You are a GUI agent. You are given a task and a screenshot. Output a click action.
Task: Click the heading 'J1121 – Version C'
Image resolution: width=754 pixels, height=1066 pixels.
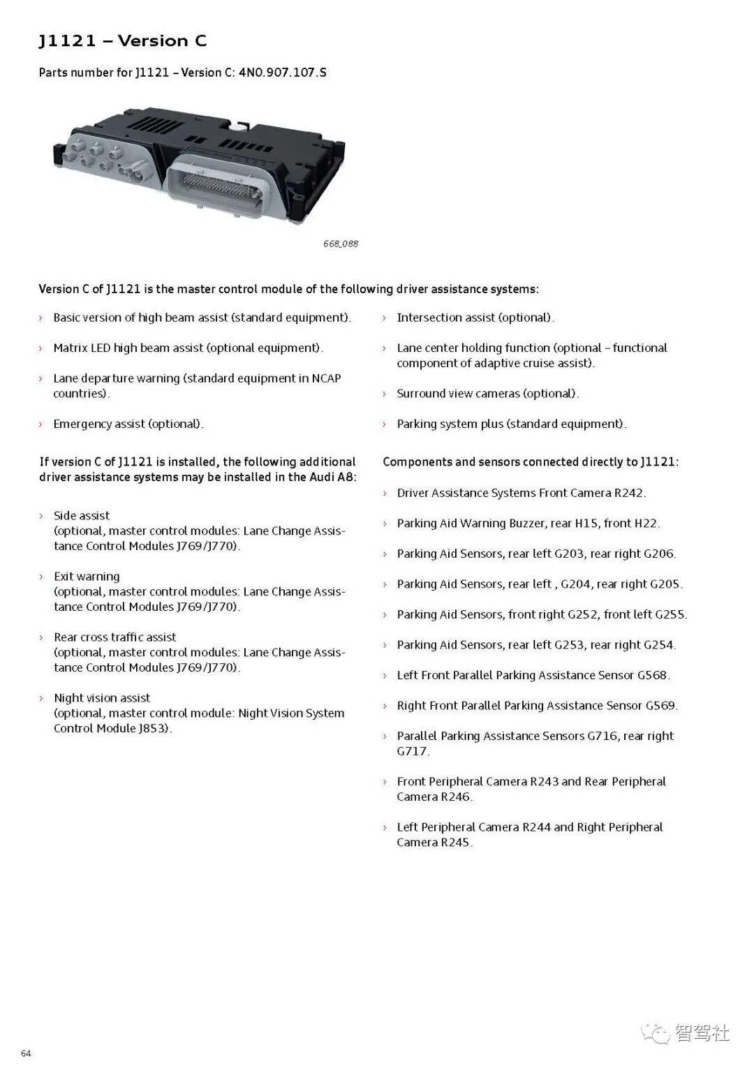pyautogui.click(x=122, y=41)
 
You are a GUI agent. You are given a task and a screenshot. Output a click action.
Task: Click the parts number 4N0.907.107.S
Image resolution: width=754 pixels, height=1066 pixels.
pyautogui.click(x=282, y=73)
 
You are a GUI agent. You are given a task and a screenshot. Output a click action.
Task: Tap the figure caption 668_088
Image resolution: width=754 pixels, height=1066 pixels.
pyautogui.click(x=341, y=244)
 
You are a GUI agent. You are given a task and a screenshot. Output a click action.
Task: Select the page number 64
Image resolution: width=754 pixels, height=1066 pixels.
pyautogui.click(x=26, y=1053)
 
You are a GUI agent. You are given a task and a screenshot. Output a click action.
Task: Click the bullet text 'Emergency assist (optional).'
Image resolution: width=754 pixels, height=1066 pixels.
pyautogui.click(x=128, y=424)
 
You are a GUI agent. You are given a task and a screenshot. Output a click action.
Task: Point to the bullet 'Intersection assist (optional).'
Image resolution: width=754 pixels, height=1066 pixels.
pyautogui.click(x=475, y=318)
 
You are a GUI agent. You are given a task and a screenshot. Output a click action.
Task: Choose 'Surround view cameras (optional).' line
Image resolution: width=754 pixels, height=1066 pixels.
pyautogui.click(x=487, y=394)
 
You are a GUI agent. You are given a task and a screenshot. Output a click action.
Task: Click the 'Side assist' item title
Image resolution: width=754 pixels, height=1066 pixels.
pyautogui.click(x=82, y=516)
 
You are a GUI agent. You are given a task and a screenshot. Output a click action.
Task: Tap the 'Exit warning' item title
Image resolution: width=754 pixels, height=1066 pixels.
pyautogui.click(x=87, y=577)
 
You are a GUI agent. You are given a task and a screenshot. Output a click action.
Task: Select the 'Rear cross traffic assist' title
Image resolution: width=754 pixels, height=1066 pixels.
pyautogui.click(x=114, y=637)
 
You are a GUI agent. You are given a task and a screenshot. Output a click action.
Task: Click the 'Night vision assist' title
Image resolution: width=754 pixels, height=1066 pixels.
pyautogui.click(x=102, y=698)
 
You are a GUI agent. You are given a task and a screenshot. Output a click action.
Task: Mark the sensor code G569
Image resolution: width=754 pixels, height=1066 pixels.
pyautogui.click(x=660, y=706)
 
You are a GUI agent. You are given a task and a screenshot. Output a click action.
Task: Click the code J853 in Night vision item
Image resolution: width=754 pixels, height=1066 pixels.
pyautogui.click(x=154, y=728)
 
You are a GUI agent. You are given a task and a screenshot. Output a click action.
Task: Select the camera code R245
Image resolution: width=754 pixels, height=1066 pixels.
pyautogui.click(x=455, y=843)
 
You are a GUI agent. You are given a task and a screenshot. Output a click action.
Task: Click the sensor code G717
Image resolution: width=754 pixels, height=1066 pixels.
pyautogui.click(x=412, y=751)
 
